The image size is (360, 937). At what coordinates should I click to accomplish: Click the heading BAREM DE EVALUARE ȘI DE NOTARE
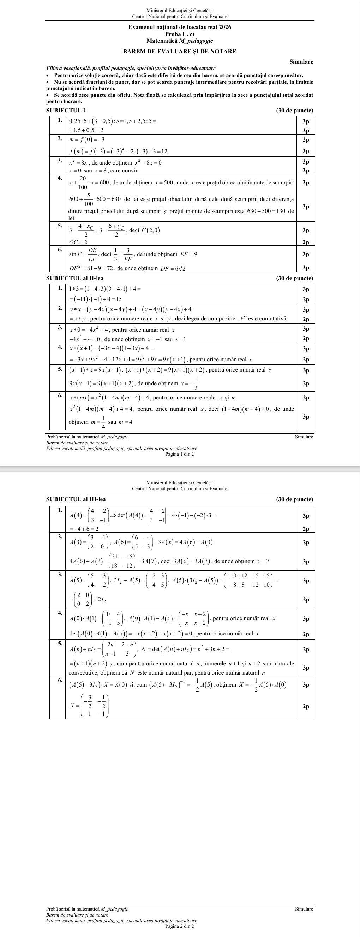[x=179, y=52]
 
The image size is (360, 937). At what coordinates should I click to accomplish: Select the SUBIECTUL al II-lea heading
[x=74, y=278]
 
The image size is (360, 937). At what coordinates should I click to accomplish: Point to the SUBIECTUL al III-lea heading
[x=76, y=499]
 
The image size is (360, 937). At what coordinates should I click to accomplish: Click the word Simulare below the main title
[x=301, y=62]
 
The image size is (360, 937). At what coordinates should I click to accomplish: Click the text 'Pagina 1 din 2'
[x=179, y=454]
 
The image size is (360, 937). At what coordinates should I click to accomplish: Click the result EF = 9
[x=191, y=254]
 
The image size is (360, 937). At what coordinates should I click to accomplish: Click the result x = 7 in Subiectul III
[x=263, y=561]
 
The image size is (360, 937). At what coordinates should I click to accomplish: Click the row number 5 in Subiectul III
[x=61, y=643]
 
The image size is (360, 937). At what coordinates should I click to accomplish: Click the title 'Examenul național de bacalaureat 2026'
[x=179, y=27]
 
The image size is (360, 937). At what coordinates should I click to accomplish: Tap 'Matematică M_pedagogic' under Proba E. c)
[x=179, y=41]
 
